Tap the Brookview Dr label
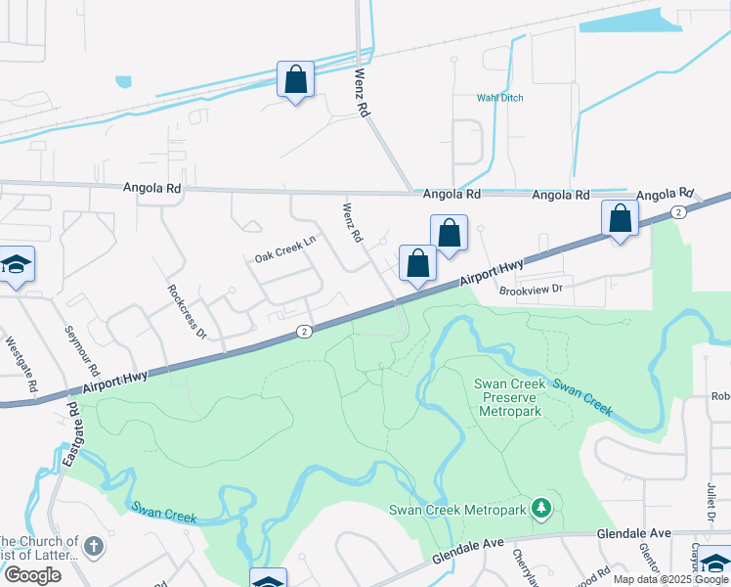(x=532, y=290)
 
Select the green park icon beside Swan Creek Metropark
(x=540, y=508)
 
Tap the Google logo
(x=33, y=575)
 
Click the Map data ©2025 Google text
(x=670, y=579)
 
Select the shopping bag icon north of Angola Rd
(x=295, y=79)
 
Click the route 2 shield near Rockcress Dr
(x=305, y=333)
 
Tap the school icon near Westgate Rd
(x=16, y=264)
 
